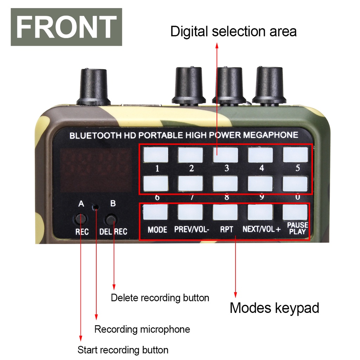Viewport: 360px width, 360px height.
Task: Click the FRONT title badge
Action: [66, 27]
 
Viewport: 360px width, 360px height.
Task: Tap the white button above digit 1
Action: [156, 155]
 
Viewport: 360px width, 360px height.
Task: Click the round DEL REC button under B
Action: [112, 220]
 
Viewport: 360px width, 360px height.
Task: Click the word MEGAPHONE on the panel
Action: [271, 135]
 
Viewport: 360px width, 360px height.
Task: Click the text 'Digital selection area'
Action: [233, 32]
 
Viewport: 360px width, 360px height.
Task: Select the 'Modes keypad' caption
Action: [274, 308]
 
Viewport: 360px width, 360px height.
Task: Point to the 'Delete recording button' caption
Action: [160, 298]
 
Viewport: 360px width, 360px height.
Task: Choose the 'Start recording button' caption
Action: [123, 350]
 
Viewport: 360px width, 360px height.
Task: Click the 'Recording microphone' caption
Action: [142, 329]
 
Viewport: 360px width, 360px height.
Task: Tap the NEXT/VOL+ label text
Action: [262, 230]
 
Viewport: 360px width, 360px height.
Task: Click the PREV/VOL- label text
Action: [192, 230]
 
